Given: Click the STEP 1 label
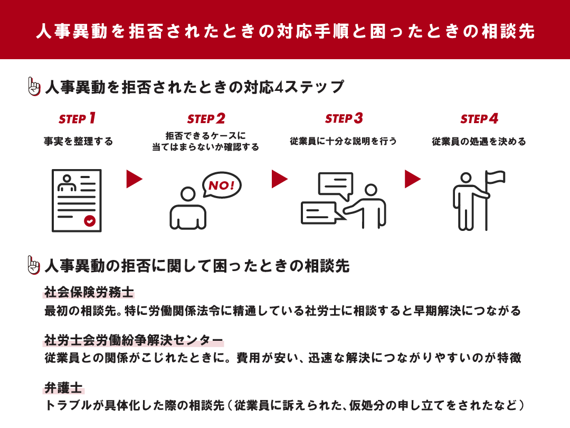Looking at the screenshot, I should click(x=77, y=118).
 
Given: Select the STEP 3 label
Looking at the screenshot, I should click(x=344, y=118).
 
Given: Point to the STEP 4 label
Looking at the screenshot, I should click(x=479, y=118).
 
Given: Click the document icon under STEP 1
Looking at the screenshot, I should click(x=77, y=200).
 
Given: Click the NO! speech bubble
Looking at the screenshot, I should click(x=222, y=185).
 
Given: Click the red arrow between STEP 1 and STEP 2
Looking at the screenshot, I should click(x=134, y=179).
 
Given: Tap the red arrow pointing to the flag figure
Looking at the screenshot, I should click(x=412, y=179).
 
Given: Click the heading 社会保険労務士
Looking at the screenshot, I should click(x=89, y=293).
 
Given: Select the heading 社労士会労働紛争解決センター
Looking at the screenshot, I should click(x=134, y=340).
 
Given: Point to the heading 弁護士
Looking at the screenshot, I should click(x=64, y=388).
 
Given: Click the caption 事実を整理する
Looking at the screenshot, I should click(x=78, y=142).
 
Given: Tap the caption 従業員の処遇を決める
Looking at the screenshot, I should click(x=479, y=142).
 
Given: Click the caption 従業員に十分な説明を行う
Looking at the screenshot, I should click(x=343, y=142).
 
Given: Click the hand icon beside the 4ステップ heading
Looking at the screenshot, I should click(x=34, y=87).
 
